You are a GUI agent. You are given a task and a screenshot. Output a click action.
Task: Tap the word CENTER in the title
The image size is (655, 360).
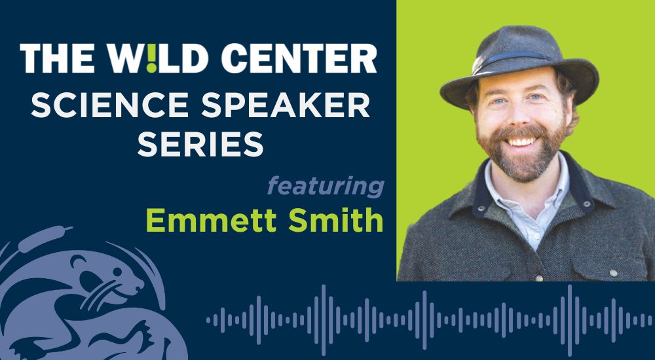[x=299, y=58]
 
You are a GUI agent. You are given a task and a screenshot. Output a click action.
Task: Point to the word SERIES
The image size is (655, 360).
[x=200, y=143]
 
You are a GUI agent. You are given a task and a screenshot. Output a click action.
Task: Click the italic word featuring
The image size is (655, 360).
[x=326, y=187]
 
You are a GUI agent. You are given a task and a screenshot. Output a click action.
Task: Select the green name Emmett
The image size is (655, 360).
[x=212, y=220]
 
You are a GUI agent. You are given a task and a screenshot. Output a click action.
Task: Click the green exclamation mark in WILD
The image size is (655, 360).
[x=152, y=58]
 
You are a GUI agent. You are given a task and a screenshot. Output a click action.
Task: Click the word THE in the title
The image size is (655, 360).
[x=57, y=58]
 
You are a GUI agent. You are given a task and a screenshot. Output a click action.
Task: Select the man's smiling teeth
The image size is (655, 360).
[x=521, y=141]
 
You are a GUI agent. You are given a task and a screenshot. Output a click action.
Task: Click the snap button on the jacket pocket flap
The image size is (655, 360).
[x=613, y=273]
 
